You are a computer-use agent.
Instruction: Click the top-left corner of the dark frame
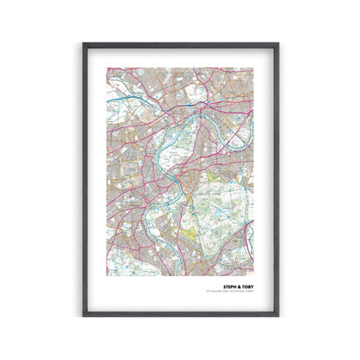84,43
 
